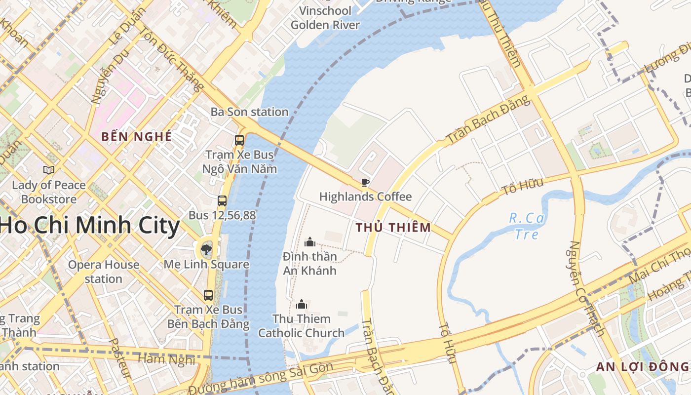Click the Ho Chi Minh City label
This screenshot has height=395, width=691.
pos(90,226)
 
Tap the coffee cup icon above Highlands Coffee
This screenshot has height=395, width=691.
pos(365,182)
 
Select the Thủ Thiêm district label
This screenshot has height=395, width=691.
pos(393,228)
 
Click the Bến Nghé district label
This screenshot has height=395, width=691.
pos(136,137)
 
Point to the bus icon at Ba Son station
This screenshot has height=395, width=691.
pos(239,140)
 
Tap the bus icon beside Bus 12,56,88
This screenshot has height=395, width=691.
pos(222,200)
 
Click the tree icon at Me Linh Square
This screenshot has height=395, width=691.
pos(206,249)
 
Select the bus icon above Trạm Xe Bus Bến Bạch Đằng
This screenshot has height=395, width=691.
pos(208,295)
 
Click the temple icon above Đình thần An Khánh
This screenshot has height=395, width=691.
pos(310,242)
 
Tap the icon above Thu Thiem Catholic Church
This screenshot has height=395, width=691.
pos(302,304)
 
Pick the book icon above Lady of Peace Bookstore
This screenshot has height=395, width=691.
pos(48,170)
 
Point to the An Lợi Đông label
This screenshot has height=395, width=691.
pos(642,366)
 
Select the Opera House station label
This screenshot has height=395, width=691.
pos(104,272)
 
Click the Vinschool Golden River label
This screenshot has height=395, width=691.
pos(325,18)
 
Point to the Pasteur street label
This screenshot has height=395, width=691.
pos(120,358)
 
